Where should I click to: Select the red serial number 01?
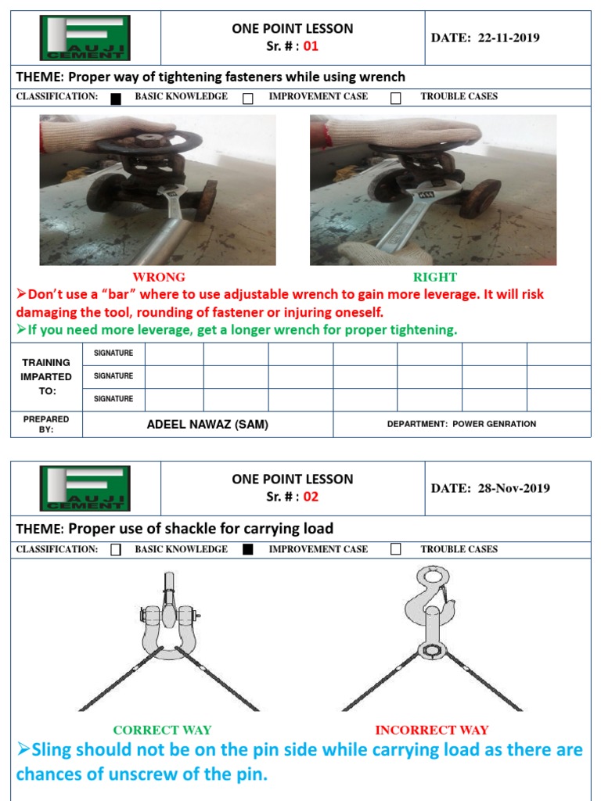coord(311,46)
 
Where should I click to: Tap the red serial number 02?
coord(311,497)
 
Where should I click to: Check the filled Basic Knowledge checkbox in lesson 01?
coord(116,98)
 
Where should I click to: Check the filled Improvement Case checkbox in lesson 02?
coord(248,549)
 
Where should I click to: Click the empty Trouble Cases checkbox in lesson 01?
coord(396,98)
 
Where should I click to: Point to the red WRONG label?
coord(159,277)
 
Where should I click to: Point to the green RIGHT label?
coord(435,277)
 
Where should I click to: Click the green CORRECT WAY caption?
coord(162,730)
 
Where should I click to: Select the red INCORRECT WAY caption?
coord(432,730)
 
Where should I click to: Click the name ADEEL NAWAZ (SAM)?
coord(207,424)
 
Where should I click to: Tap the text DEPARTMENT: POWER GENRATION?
coord(462,424)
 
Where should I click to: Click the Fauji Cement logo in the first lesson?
coord(85,38)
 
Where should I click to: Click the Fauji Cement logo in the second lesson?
coord(85,489)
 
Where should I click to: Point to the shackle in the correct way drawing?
coord(169,622)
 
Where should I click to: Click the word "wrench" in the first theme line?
coord(382,77)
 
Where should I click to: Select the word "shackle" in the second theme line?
coord(206,528)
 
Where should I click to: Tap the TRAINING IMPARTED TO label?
coord(46,376)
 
